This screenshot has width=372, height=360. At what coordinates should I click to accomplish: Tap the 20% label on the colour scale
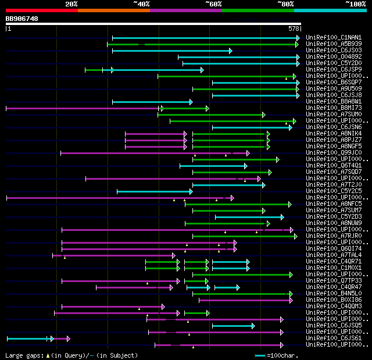click(71, 4)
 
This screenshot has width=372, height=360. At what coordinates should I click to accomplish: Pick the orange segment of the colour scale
click(113, 10)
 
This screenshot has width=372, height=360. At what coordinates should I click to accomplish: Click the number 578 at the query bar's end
click(294, 28)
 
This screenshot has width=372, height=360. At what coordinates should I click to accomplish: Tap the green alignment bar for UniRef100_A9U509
click(245, 89)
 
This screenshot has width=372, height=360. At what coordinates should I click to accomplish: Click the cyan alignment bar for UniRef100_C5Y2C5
click(154, 191)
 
